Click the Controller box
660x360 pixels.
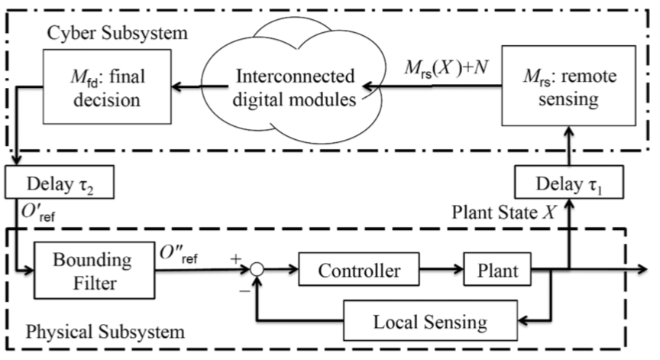coord(360,270)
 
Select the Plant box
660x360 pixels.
coord(497,270)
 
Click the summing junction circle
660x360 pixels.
coord(260,270)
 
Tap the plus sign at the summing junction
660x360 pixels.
coord(238,258)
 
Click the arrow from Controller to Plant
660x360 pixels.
coord(443,270)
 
